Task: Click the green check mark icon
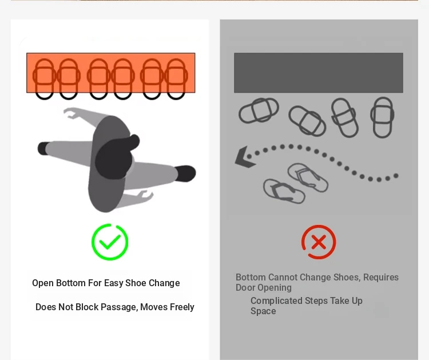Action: [x=110, y=242]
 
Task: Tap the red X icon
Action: [x=319, y=242]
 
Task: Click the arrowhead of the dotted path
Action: [x=244, y=157]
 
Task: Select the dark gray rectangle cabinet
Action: [x=319, y=73]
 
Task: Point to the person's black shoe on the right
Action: [x=185, y=173]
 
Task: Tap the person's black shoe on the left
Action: [x=43, y=148]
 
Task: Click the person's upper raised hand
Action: [x=71, y=113]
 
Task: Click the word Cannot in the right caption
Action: [x=284, y=278]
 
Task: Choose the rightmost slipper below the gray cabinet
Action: [x=383, y=117]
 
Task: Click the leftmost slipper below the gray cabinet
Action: [x=259, y=110]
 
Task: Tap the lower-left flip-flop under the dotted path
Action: [x=284, y=191]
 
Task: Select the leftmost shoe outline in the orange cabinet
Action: [x=44, y=79]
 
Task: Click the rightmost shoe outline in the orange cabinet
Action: [x=176, y=79]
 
